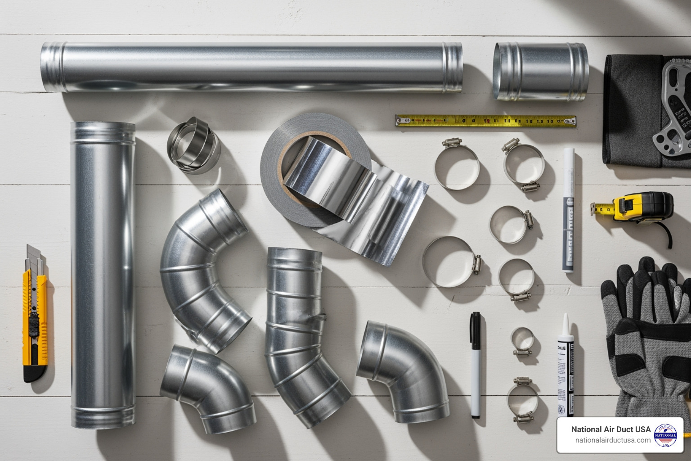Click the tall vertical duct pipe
[103, 275]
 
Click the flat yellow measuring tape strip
[486, 121]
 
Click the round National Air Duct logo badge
[665, 435]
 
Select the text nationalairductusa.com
[613, 440]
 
